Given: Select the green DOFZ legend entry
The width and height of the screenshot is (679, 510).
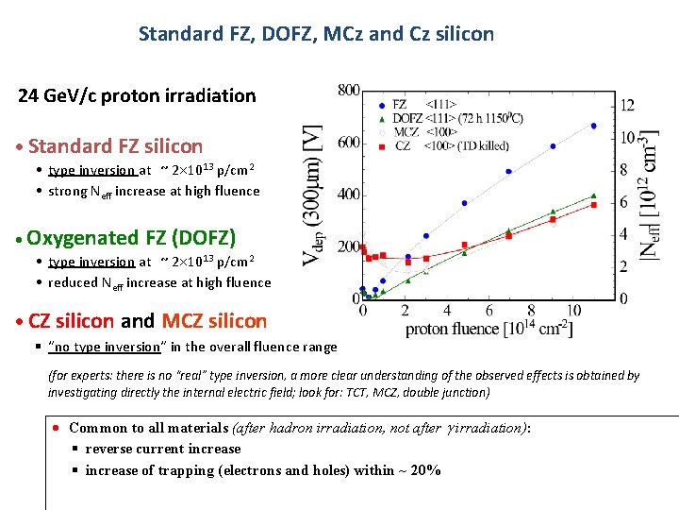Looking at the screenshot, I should [405, 119].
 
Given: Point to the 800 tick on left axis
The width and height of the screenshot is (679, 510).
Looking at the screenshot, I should [348, 91].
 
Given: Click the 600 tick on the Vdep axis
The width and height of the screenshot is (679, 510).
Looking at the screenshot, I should [348, 143].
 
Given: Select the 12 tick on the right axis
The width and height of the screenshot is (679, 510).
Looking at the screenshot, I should [626, 105].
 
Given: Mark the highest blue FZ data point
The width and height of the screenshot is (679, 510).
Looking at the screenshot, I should [593, 126].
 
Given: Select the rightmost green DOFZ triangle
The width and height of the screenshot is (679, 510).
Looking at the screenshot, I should [593, 195].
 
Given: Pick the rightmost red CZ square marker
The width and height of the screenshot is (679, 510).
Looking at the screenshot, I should [593, 205].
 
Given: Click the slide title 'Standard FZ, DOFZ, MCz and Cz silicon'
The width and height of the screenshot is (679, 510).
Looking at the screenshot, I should [316, 34].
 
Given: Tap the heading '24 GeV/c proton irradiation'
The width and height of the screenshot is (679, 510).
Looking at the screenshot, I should [138, 95].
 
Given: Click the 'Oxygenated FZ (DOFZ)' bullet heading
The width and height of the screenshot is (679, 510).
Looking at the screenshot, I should [132, 237].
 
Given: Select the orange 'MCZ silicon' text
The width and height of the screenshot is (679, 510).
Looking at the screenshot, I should [215, 321].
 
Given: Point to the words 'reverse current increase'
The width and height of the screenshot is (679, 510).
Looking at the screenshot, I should [163, 449].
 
